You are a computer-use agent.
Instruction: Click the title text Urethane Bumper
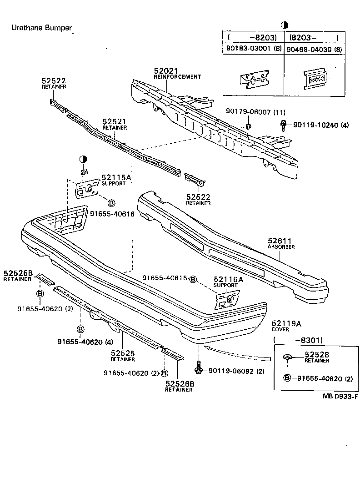[41, 28]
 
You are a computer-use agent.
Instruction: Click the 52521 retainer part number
[114, 122]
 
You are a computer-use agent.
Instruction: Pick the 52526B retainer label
[179, 384]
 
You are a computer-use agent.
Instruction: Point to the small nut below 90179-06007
[248, 125]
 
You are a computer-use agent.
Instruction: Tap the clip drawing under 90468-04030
[315, 79]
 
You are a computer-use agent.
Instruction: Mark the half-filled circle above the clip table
[284, 25]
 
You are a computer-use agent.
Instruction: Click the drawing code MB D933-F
[340, 396]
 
